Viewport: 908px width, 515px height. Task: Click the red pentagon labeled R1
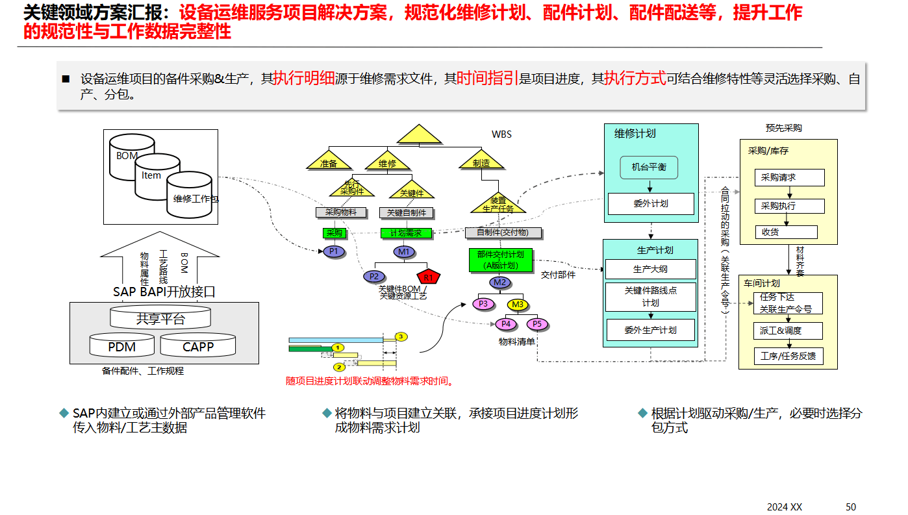click(x=428, y=277)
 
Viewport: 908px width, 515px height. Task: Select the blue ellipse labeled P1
click(x=334, y=251)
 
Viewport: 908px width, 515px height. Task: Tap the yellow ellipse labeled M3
click(x=518, y=305)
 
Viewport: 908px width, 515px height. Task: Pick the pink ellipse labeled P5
click(x=537, y=324)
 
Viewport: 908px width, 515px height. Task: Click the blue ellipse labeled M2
click(x=499, y=283)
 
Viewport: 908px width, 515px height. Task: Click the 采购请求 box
click(x=789, y=177)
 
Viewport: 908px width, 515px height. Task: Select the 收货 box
click(x=786, y=232)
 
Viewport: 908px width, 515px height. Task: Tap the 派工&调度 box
click(x=788, y=331)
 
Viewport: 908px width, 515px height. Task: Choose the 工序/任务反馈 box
click(x=788, y=356)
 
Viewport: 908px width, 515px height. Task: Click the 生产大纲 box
click(x=650, y=269)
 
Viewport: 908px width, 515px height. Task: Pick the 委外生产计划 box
click(x=650, y=330)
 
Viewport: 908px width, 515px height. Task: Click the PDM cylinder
click(x=122, y=346)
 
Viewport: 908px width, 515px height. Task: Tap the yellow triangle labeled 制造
click(x=481, y=161)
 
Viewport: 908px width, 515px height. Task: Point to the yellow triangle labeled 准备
click(x=328, y=161)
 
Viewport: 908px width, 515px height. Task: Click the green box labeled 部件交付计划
click(x=500, y=260)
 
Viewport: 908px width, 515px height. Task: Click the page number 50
click(x=850, y=507)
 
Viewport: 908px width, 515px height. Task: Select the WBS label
click(x=501, y=134)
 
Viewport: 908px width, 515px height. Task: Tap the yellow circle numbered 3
click(x=401, y=336)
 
